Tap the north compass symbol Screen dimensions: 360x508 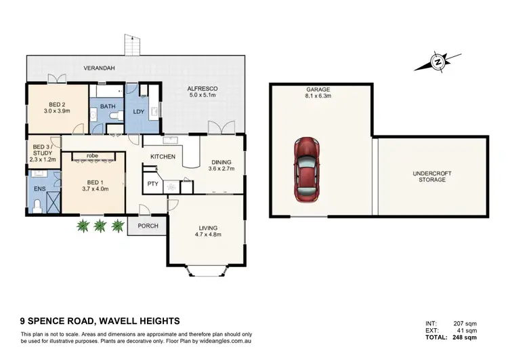(x=438, y=63)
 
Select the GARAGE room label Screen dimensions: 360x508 (x=320, y=89)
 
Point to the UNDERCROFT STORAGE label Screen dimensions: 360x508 (x=431, y=176)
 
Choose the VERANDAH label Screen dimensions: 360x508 (x=98, y=68)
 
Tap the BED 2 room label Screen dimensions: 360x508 (x=57, y=104)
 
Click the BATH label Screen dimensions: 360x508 (x=108, y=106)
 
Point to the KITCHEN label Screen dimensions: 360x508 (x=163, y=157)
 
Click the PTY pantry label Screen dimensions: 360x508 (x=152, y=183)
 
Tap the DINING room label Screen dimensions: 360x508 (x=221, y=162)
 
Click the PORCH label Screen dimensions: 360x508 (x=146, y=226)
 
